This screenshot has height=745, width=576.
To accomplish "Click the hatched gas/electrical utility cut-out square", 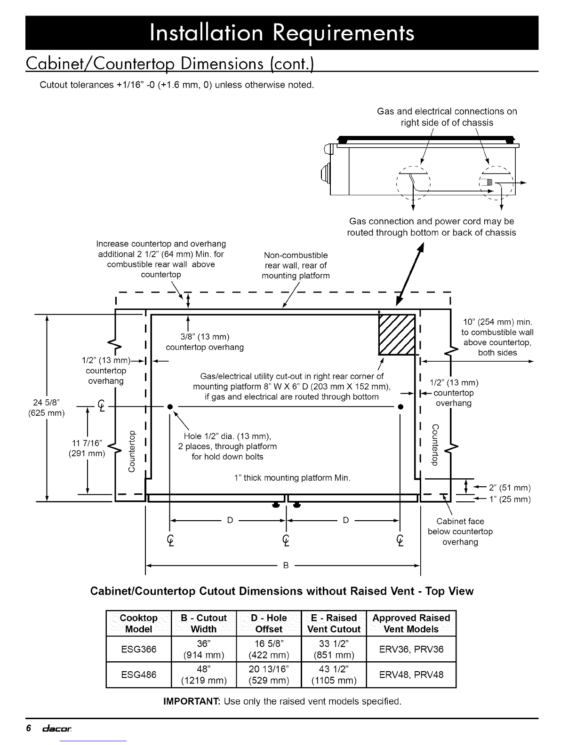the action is click(397, 334).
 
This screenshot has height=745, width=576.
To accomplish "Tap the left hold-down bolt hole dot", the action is click(170, 407).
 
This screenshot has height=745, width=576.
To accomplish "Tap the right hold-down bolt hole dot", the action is click(400, 407).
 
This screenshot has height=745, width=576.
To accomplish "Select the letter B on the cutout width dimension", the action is click(286, 565).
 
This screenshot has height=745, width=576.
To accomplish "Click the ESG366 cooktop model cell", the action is click(139, 649).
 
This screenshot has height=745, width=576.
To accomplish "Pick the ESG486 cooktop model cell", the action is click(139, 674).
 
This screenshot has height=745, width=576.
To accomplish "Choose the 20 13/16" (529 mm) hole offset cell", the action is click(269, 674).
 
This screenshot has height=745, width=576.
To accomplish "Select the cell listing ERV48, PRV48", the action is click(411, 674).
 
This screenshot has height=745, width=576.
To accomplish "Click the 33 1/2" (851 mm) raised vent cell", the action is click(334, 649).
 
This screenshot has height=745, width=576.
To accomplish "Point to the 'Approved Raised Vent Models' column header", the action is click(411, 623).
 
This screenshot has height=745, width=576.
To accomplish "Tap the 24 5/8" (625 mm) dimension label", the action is click(46, 407).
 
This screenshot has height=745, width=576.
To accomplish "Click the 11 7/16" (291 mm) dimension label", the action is click(87, 448).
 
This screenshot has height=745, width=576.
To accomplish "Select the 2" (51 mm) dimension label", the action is click(510, 488).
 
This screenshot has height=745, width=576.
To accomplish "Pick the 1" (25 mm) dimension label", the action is click(510, 499).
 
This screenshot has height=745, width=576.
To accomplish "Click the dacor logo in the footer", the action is click(57, 728).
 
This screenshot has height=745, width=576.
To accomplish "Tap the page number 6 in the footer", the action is click(29, 728).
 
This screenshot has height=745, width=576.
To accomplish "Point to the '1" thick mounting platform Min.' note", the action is click(292, 477).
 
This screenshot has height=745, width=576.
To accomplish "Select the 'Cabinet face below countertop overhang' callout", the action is click(460, 531).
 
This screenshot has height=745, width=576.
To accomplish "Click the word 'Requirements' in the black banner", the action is click(344, 33).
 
